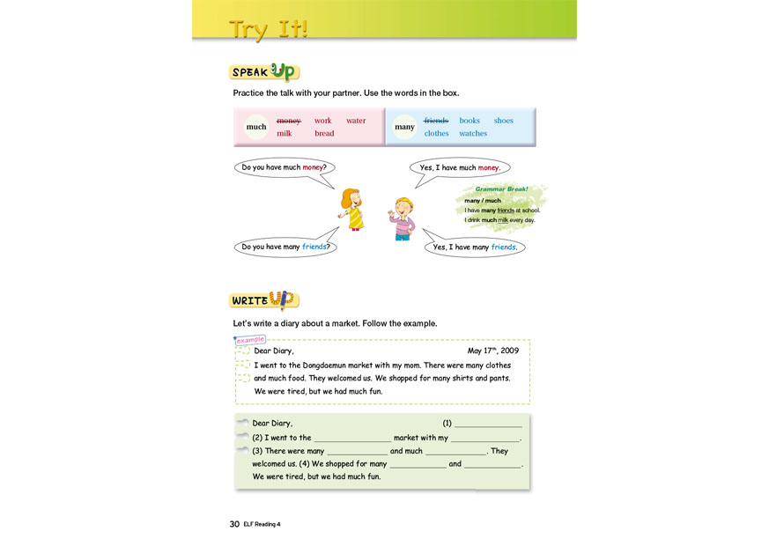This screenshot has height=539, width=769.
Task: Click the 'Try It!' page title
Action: click(x=268, y=29)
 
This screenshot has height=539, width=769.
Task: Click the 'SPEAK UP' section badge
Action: click(x=263, y=72)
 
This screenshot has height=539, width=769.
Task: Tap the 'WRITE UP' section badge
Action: click(x=263, y=300)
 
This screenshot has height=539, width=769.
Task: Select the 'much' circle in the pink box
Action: click(x=256, y=127)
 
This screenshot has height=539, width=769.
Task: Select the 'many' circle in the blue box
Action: click(x=404, y=127)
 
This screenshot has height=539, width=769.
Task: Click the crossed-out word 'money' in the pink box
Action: click(x=289, y=121)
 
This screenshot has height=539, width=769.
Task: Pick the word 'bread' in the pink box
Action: click(x=324, y=134)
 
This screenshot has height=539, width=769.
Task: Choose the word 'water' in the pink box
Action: click(x=356, y=121)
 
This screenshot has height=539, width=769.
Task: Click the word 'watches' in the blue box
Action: click(x=473, y=134)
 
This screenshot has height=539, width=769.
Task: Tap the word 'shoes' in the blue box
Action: click(x=503, y=121)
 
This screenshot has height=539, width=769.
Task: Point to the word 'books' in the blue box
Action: click(x=470, y=121)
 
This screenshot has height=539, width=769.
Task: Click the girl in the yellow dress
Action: click(x=353, y=210)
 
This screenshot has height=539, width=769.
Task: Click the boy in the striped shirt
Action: click(x=402, y=218)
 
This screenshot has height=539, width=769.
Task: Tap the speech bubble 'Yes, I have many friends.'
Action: click(x=475, y=247)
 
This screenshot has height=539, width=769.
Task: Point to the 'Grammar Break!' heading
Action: click(x=501, y=189)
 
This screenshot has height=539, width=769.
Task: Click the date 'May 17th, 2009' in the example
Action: click(x=492, y=351)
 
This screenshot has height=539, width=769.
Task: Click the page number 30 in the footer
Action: click(x=234, y=524)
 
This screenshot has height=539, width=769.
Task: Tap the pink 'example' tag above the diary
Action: click(x=250, y=340)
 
